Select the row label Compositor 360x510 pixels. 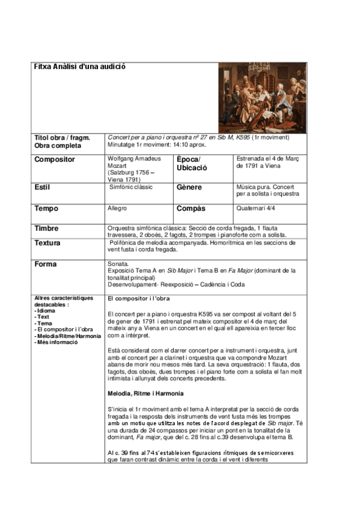pyautogui.click(x=55, y=159)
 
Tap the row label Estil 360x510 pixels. pyautogui.click(x=42, y=188)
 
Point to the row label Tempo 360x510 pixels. pyautogui.click(x=47, y=209)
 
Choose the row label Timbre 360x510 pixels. pyautogui.click(x=47, y=229)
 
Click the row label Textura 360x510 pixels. pyautogui.click(x=49, y=243)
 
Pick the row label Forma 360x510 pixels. pyautogui.click(x=46, y=264)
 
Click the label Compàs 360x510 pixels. pyautogui.click(x=191, y=209)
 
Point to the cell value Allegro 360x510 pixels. pyautogui.click(x=117, y=208)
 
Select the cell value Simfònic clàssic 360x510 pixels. pyautogui.click(x=131, y=187)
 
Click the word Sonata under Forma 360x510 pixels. pyautogui.click(x=118, y=264)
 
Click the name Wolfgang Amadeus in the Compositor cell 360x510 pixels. pyautogui.click(x=133, y=158)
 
